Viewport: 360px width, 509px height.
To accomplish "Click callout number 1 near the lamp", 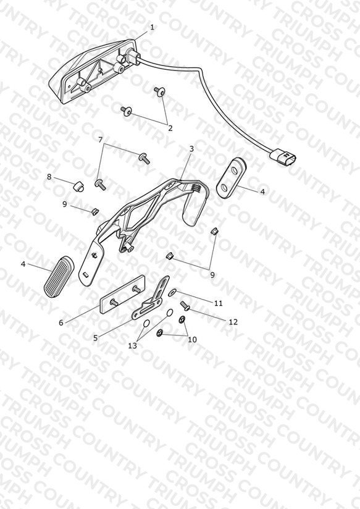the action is pyautogui.click(x=152, y=27).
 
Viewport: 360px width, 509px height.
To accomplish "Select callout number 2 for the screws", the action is pyautogui.click(x=170, y=128).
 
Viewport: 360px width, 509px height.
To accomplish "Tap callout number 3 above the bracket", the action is pyautogui.click(x=191, y=149).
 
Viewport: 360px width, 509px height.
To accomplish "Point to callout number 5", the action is pyautogui.click(x=95, y=338).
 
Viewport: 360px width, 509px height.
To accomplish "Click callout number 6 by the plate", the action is pyautogui.click(x=61, y=322).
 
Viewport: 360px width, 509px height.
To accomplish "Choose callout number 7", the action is pyautogui.click(x=100, y=140).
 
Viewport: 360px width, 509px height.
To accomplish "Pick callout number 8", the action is pyautogui.click(x=49, y=177).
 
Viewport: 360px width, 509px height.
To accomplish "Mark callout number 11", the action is pyautogui.click(x=219, y=303).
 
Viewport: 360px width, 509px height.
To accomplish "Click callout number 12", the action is pyautogui.click(x=233, y=322).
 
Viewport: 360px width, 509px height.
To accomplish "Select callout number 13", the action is pyautogui.click(x=132, y=346).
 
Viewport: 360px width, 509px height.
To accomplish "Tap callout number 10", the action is pyautogui.click(x=192, y=340).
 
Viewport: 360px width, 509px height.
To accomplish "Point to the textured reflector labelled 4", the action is pyautogui.click(x=59, y=276).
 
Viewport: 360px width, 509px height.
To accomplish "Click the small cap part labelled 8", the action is pyautogui.click(x=78, y=187).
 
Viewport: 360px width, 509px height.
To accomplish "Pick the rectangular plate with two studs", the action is pyautogui.click(x=122, y=295).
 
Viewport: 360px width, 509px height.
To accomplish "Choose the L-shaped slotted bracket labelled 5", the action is pyautogui.click(x=151, y=298).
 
